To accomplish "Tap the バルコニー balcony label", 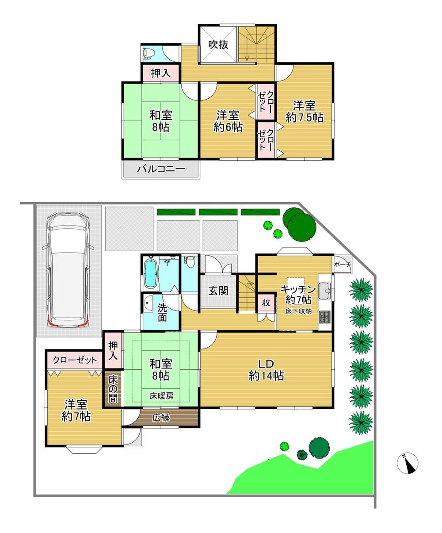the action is (x=161, y=169).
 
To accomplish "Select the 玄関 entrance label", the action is (x=218, y=291).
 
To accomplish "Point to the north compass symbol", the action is (x=408, y=464).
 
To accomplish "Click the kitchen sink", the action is (x=325, y=291).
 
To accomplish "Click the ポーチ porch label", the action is (x=343, y=264).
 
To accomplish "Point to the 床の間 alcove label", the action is (x=113, y=389).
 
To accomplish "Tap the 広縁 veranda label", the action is (x=161, y=418).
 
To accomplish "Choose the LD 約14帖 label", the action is (x=266, y=369).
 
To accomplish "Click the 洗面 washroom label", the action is (x=162, y=312).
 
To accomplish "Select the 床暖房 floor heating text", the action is (x=161, y=396).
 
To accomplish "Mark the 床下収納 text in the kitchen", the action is (x=298, y=311).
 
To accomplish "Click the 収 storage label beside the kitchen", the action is (x=266, y=303).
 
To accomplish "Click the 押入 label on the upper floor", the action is (x=161, y=73).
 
